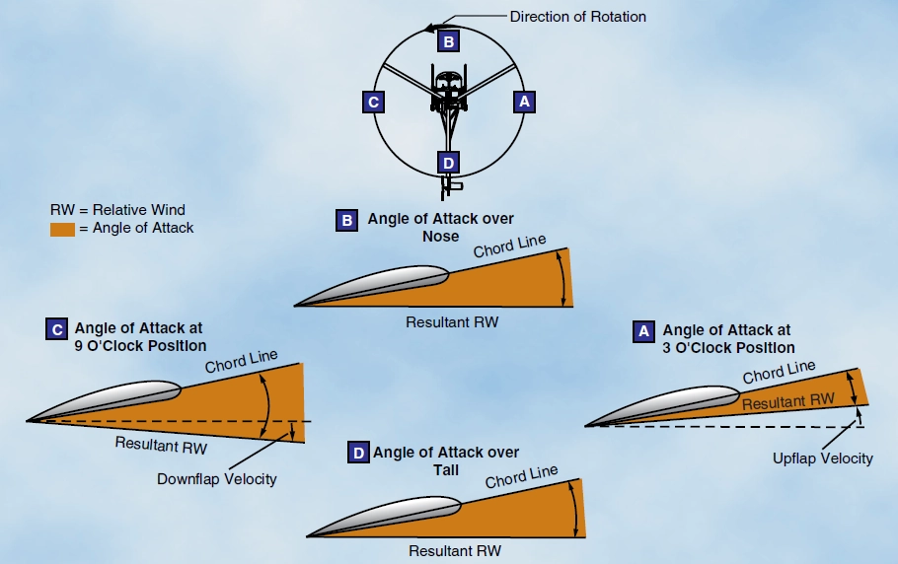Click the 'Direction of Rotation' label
point(577,17)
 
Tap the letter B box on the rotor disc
point(449,41)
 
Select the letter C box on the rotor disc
point(372,101)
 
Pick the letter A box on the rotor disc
point(524,101)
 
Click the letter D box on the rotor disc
point(449,162)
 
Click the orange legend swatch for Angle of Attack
point(62,228)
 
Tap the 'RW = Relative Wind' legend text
point(117,210)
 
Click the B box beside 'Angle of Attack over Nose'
point(347,221)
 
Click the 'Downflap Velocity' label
point(217,479)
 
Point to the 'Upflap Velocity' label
point(823,458)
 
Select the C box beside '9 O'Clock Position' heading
point(56,329)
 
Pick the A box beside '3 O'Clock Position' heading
point(643,331)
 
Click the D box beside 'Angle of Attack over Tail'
point(359,454)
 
